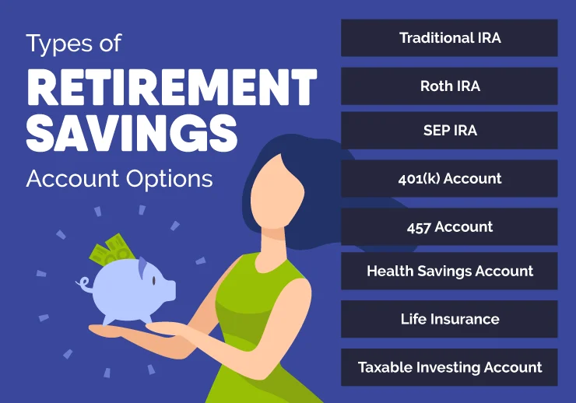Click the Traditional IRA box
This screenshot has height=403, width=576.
(449, 38)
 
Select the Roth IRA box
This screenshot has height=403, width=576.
(449, 86)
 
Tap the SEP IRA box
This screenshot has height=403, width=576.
(449, 131)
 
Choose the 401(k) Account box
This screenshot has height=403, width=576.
(449, 179)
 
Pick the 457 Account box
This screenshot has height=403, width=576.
(449, 227)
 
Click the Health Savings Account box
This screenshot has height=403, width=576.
(449, 272)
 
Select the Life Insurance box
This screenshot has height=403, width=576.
(449, 320)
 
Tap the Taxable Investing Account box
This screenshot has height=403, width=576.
(449, 367)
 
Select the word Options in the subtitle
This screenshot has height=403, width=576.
(167, 178)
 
